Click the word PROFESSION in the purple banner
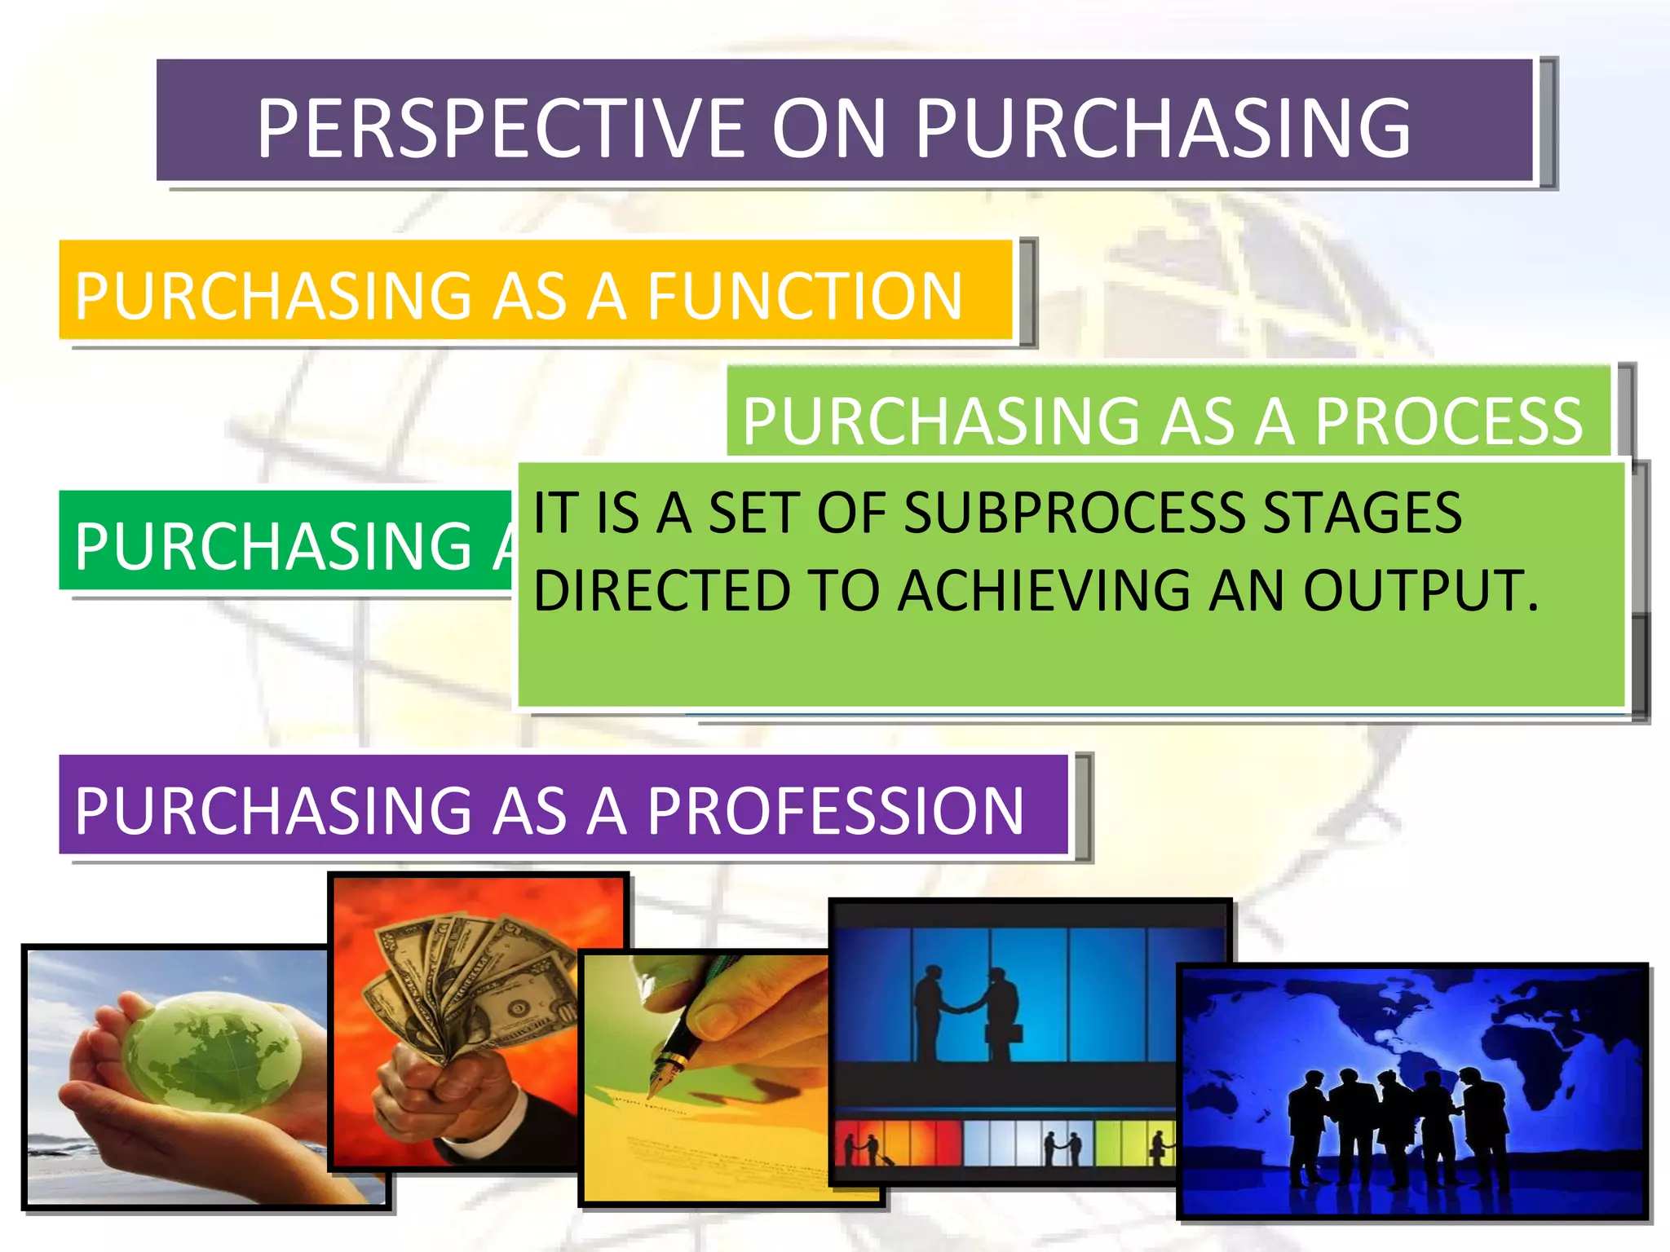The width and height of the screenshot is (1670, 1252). [x=835, y=810]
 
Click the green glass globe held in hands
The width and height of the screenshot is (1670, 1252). [x=210, y=1051]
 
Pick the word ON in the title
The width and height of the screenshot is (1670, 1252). [x=828, y=128]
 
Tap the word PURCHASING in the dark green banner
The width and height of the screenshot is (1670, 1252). [x=273, y=545]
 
